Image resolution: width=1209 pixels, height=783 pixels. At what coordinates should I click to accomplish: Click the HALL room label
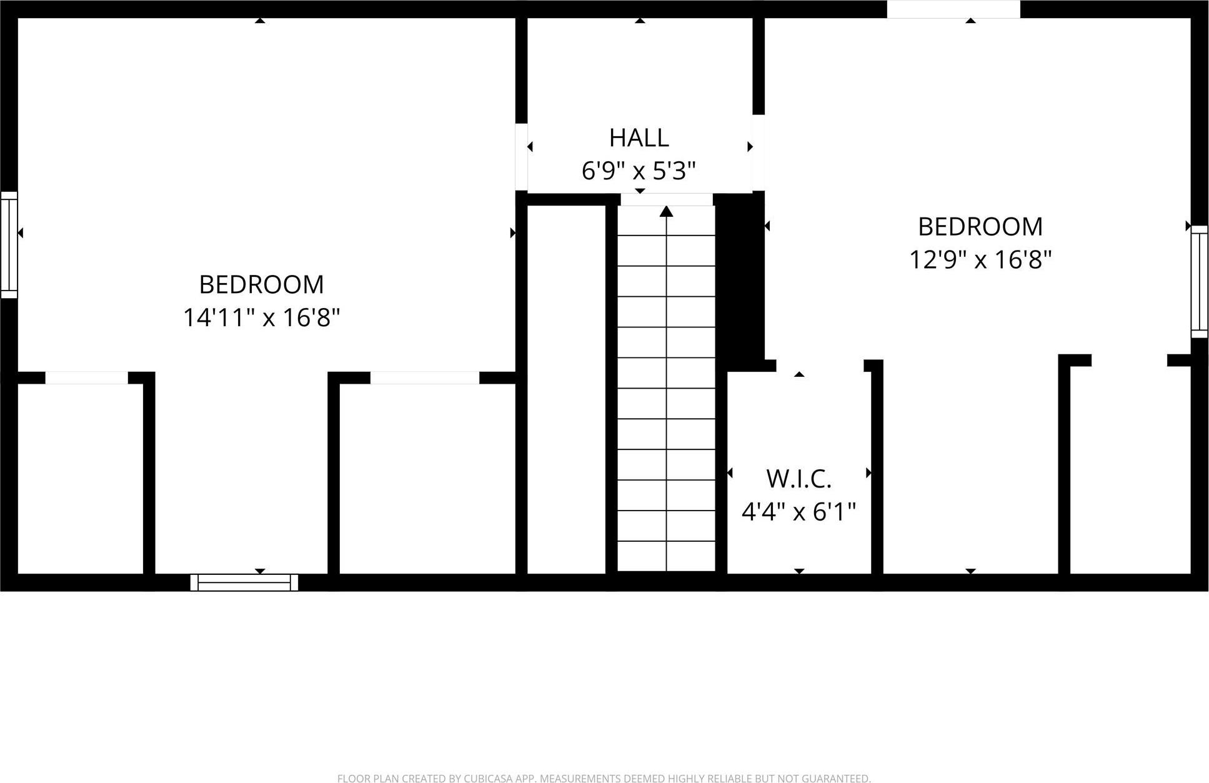tap(639, 137)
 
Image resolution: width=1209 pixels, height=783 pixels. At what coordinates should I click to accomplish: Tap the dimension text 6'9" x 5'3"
tap(639, 170)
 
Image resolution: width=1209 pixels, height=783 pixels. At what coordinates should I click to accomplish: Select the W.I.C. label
tap(799, 479)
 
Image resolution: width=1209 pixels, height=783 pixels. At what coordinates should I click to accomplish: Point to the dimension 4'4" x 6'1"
tap(799, 512)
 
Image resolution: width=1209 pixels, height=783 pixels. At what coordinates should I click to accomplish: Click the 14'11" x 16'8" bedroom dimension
tap(261, 317)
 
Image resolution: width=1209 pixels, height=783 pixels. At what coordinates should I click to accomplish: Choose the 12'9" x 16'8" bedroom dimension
tap(980, 259)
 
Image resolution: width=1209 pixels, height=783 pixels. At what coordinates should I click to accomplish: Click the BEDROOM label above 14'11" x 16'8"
tap(261, 285)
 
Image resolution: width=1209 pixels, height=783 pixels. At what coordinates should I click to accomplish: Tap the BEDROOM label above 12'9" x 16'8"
tap(980, 226)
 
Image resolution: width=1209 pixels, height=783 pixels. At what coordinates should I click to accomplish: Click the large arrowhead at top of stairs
tap(666, 212)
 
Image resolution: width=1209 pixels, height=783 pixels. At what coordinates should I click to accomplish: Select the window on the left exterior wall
tap(9, 244)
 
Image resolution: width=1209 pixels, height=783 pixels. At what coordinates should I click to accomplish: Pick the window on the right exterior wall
tap(1199, 281)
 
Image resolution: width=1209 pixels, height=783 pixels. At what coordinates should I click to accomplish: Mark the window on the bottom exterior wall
tap(244, 582)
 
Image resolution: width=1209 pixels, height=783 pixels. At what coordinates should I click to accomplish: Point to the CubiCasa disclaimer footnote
tap(604, 778)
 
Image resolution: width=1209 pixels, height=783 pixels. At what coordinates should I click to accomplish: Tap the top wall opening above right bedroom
tap(953, 9)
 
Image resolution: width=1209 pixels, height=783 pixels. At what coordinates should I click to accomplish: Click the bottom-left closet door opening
tap(86, 377)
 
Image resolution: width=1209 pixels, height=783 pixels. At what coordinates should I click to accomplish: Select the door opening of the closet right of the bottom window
tap(425, 377)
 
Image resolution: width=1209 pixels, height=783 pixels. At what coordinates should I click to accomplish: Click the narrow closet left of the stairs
tap(566, 387)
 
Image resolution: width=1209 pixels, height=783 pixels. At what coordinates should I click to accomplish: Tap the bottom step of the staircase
tap(666, 556)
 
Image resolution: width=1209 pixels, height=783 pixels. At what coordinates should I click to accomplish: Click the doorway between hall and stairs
tap(666, 199)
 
